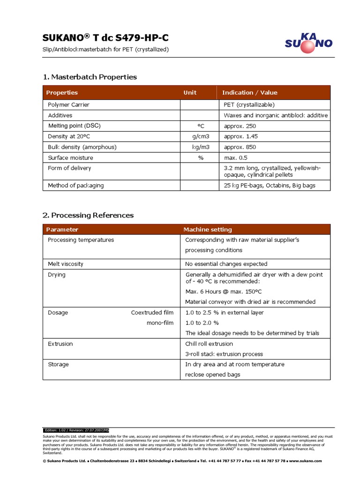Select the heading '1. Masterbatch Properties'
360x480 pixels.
tap(90, 77)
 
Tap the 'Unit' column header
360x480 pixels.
tap(190, 93)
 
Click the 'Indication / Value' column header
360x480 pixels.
tap(249, 93)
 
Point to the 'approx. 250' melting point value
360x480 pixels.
tap(240, 126)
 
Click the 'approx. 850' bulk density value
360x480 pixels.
tap(240, 147)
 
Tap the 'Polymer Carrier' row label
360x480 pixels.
tap(68, 105)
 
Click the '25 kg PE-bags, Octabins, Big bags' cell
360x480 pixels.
tap(270, 186)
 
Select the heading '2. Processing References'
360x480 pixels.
tap(88, 215)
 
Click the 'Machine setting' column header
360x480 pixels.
tap(207, 230)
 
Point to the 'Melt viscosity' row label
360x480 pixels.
tap(66, 264)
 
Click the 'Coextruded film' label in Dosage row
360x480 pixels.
tap(152, 313)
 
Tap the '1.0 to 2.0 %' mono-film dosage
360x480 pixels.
tap(202, 323)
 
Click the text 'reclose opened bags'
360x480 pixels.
tap(213, 374)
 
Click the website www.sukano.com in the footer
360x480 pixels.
tap(306, 461)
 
